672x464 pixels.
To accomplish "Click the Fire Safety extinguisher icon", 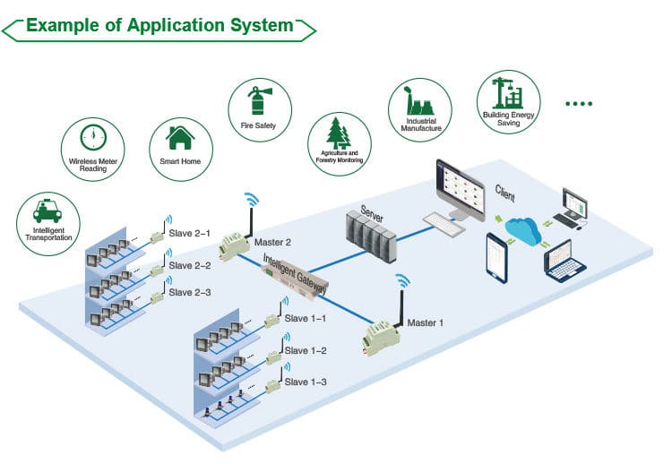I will coord(258,99).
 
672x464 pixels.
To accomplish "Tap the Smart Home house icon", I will coord(181,138).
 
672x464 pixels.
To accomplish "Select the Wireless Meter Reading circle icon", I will coord(94,137).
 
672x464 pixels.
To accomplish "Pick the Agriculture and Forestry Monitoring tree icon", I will coord(340,134).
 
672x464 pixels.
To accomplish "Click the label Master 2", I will coord(273,242).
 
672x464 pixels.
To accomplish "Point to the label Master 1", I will coord(426,322).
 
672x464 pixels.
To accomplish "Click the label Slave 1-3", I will coord(306,382).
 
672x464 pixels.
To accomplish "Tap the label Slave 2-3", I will coord(190,292).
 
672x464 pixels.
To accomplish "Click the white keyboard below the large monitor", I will coord(444,220).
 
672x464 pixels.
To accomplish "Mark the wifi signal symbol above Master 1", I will coord(403,280).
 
